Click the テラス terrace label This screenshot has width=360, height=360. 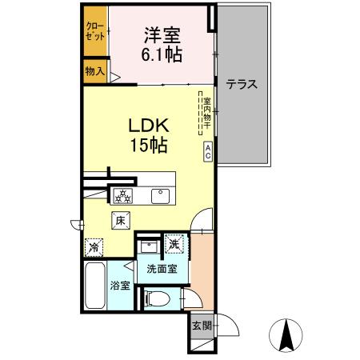click(241, 84)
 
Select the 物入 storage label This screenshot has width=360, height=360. click(95, 71)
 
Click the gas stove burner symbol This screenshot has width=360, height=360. click(123, 194)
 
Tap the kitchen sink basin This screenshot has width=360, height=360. click(160, 194)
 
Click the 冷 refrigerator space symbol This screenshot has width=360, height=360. click(95, 248)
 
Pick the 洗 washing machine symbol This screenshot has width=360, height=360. click(174, 244)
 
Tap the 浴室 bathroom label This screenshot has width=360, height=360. click(121, 285)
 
